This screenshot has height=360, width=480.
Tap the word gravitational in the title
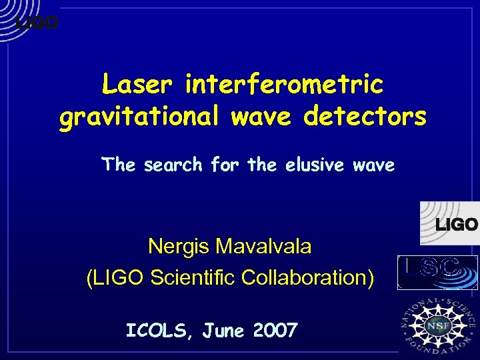(138, 117)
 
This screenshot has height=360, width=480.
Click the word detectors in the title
(365, 117)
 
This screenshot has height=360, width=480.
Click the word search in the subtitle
(173, 164)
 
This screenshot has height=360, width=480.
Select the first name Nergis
(177, 247)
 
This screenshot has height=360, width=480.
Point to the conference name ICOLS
(155, 330)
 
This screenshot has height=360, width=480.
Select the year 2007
(275, 330)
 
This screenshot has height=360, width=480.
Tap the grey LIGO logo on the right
(450, 224)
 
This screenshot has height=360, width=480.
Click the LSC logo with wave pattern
(437, 272)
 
